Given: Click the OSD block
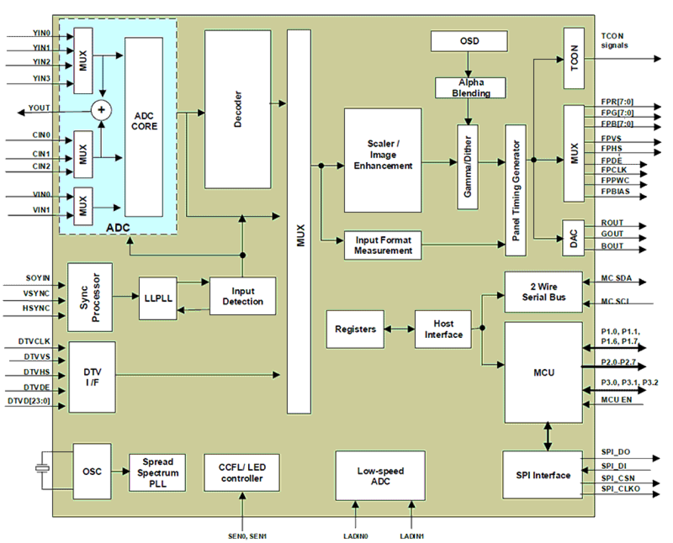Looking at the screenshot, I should (x=469, y=41).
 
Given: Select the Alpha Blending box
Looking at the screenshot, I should (x=470, y=88).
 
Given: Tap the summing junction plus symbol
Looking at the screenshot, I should (x=101, y=110).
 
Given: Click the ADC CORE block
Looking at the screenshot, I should (x=144, y=127).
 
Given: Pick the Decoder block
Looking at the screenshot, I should (x=237, y=109).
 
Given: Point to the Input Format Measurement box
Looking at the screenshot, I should (x=383, y=245).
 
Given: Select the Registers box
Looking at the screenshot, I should (x=355, y=329).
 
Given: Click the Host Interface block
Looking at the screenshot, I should (x=443, y=329).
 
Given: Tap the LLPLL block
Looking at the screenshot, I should (x=158, y=298).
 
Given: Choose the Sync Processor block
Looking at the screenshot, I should (x=90, y=297).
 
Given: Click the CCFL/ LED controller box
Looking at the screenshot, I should (x=242, y=473).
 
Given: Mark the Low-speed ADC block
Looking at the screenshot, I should (x=380, y=476).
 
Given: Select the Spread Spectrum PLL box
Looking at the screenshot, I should (x=158, y=473).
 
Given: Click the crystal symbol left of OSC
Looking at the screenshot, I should (x=42, y=469).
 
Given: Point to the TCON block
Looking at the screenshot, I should (x=574, y=58).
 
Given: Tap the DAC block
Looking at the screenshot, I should (x=573, y=238).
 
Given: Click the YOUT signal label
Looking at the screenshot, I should (x=39, y=108).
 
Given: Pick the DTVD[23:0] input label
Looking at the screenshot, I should (x=29, y=401).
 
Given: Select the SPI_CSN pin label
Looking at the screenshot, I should (x=618, y=478).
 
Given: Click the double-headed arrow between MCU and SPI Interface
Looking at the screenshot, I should (x=547, y=436).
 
